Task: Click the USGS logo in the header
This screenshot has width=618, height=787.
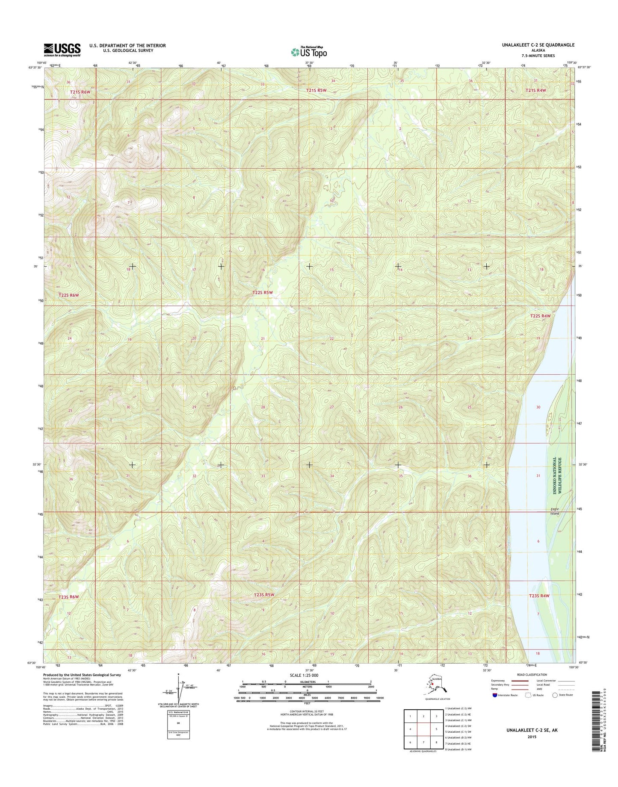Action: pos(62,50)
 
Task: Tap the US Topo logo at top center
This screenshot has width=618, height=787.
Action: pos(308,52)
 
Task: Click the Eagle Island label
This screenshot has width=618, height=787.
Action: pos(554,511)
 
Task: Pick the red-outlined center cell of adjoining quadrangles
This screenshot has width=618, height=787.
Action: pos(423,729)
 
